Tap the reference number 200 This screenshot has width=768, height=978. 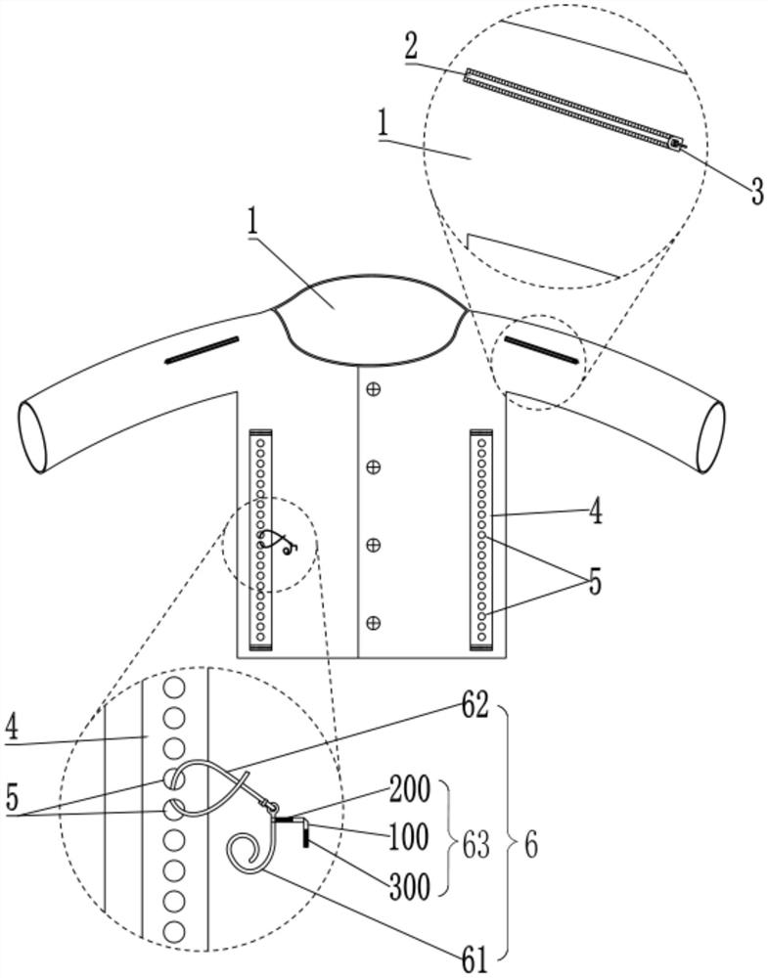(410, 789)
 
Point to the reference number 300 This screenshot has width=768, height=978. (410, 886)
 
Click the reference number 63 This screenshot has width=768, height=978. (474, 846)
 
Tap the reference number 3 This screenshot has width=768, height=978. (757, 192)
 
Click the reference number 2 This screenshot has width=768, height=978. (411, 47)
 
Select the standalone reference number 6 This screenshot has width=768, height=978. (529, 846)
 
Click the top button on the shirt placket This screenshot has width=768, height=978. (373, 390)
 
